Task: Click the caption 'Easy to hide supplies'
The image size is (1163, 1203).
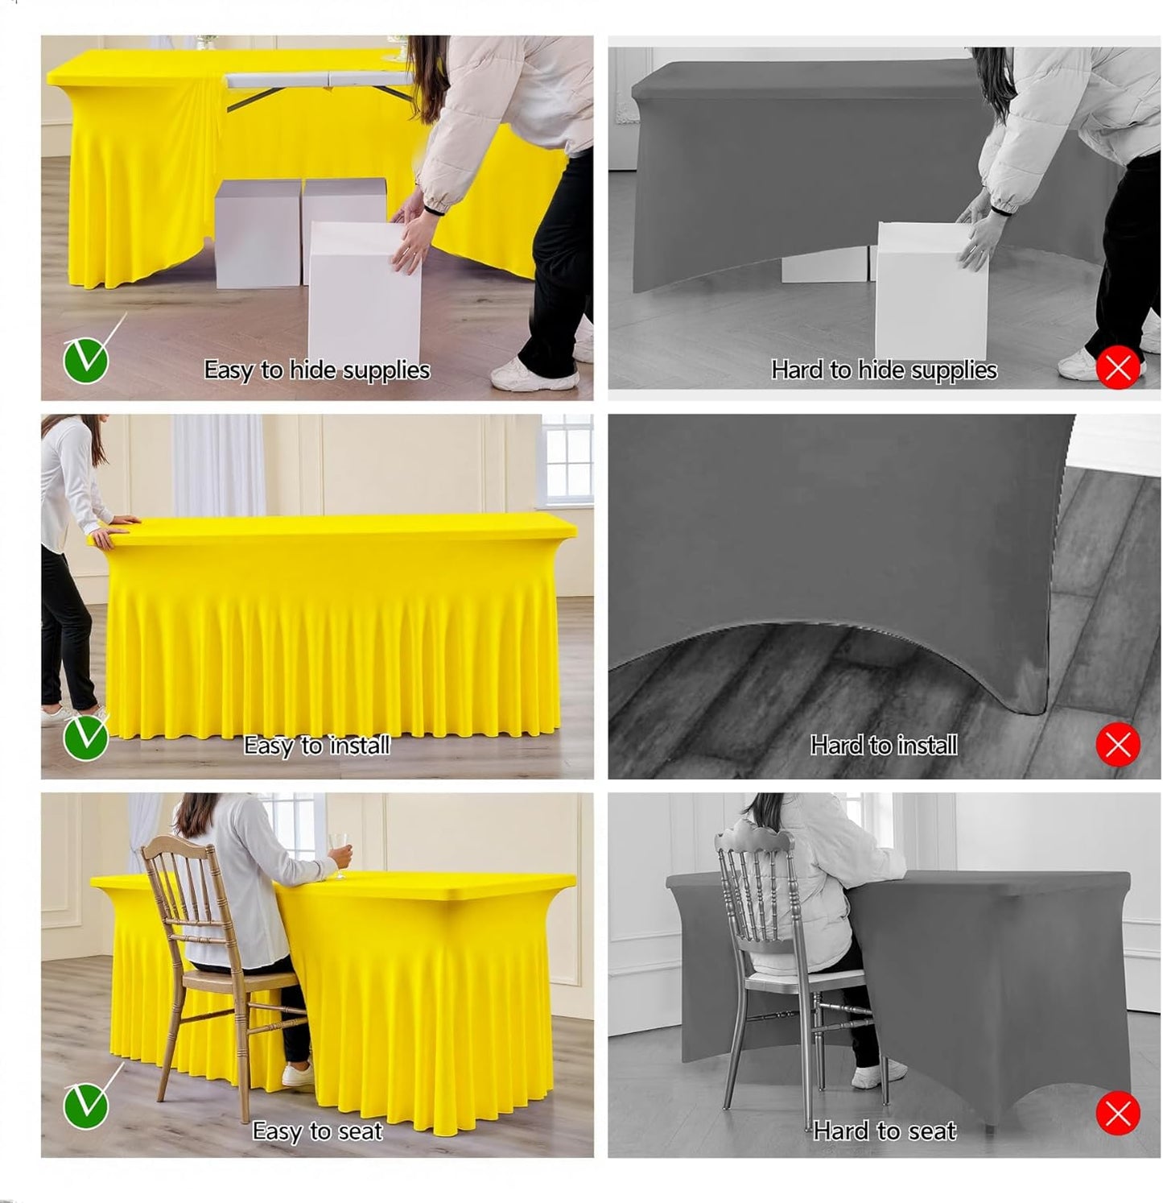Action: [316, 370]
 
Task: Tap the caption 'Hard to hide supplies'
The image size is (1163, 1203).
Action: [884, 370]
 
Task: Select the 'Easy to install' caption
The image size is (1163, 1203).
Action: [316, 746]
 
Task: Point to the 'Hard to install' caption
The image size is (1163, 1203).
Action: [884, 746]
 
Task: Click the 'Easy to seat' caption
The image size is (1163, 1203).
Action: [316, 1131]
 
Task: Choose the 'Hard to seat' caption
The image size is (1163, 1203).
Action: [884, 1131]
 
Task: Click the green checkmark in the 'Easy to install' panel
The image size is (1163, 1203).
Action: [85, 738]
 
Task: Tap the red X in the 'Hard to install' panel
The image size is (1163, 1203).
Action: [1118, 745]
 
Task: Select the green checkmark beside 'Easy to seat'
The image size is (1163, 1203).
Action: [85, 1106]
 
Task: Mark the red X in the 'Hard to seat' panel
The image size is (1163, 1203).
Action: [1118, 1114]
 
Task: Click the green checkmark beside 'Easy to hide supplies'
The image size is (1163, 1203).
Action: [85, 360]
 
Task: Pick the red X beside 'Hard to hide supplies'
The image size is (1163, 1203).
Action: [1118, 368]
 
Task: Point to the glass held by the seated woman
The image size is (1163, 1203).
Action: [340, 847]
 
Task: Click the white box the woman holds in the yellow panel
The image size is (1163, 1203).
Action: [365, 290]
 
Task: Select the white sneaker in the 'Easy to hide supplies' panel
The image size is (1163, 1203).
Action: [532, 374]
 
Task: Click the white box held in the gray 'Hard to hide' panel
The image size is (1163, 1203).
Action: [930, 290]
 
